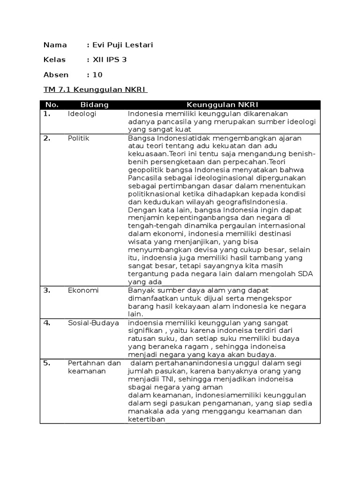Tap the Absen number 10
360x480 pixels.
97,75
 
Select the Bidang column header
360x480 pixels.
95,105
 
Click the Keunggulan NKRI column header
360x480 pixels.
223,105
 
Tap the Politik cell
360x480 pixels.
78,138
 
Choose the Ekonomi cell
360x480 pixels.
83,290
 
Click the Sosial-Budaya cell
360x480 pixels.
93,323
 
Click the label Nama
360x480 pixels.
55,45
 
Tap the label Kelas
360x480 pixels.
55,60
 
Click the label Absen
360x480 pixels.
56,75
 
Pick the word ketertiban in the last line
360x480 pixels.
147,419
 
